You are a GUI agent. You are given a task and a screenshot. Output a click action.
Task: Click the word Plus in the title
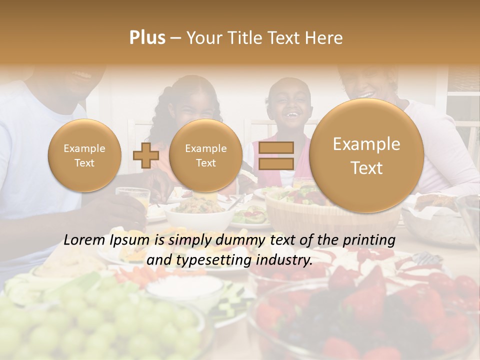tap(147, 38)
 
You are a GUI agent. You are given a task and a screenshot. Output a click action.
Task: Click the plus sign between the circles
tap(145, 155)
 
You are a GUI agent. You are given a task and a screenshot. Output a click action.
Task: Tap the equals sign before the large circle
tap(276, 155)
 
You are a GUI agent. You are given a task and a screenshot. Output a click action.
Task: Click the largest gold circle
tap(366, 155)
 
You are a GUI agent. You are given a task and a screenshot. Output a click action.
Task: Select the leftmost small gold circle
tap(84, 155)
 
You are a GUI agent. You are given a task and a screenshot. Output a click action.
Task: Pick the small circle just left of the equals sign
tap(205, 155)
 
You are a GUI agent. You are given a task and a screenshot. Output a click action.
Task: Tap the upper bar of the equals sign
tap(276, 147)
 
